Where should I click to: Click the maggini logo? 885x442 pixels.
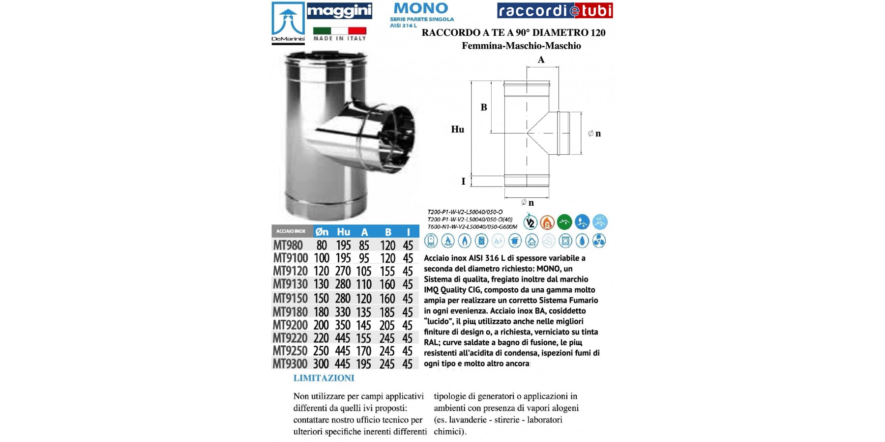339,11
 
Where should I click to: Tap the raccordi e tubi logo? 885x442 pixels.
555,11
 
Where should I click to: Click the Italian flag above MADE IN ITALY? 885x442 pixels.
340,30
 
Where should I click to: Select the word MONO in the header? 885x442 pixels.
421,8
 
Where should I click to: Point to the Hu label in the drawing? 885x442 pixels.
457,130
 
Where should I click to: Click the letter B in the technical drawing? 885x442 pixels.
484,108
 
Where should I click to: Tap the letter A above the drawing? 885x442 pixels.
541,60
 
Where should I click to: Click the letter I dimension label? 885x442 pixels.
463,182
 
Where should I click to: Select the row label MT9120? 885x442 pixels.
290,271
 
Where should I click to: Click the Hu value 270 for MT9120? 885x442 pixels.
343,271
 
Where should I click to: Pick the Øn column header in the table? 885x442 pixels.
322,232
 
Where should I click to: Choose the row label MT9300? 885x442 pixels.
290,364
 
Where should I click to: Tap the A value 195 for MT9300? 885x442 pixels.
364,364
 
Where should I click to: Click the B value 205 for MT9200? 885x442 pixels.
387,325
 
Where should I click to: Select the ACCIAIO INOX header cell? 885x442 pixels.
291,231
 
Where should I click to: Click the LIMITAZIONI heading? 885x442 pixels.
324,378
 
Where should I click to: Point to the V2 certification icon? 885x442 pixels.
530,222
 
